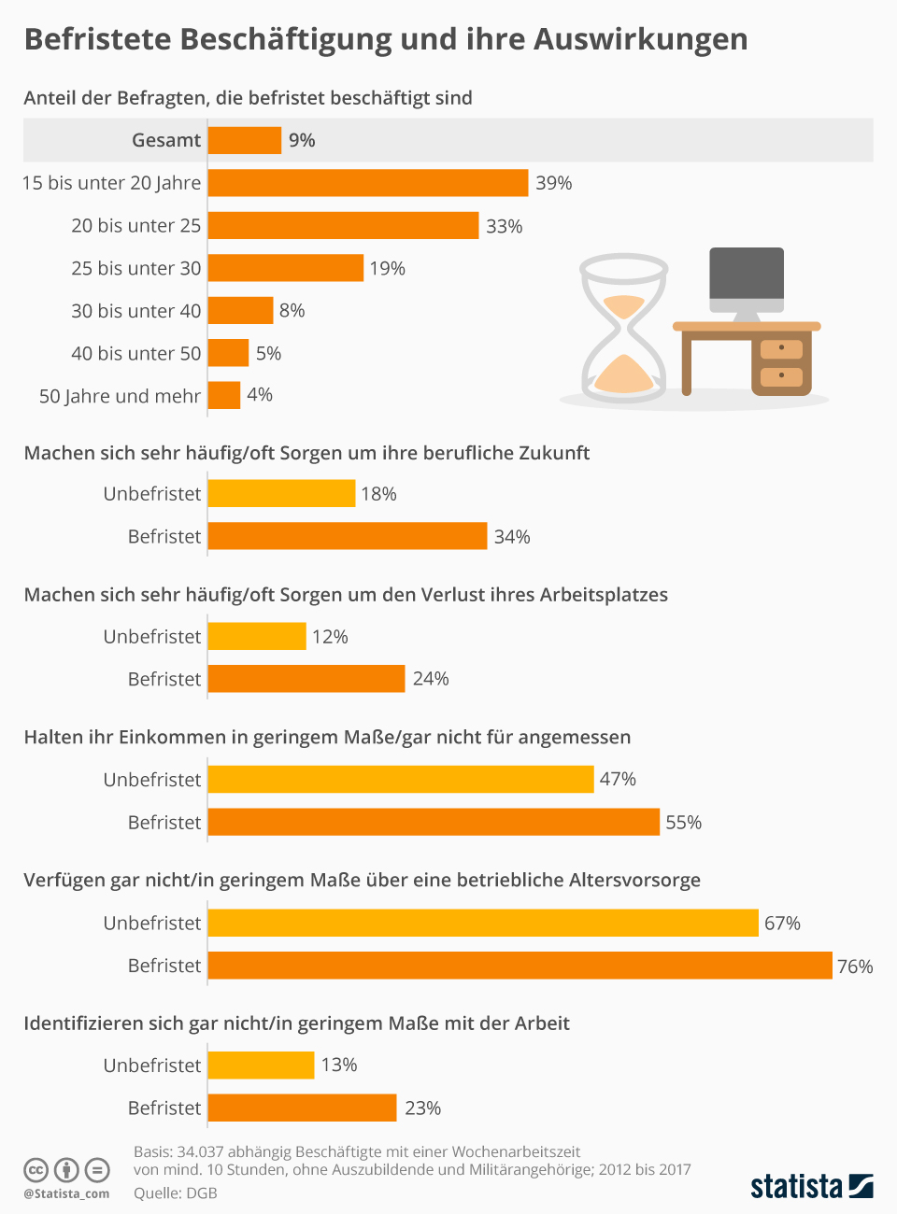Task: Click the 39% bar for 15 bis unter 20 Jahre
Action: pos(368,183)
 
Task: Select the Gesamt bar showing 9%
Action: pos(245,140)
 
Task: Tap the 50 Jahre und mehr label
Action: pos(120,396)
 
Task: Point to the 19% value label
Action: pos(387,268)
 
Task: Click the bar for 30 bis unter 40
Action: pos(240,310)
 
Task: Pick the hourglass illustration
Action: pos(624,327)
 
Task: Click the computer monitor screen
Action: pos(747,273)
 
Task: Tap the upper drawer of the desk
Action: pos(781,348)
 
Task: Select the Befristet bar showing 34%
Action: pos(348,536)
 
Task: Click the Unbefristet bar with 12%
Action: pos(257,636)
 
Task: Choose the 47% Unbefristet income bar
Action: pos(401,779)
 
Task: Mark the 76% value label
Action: pos(855,967)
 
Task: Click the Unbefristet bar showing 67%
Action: pos(483,923)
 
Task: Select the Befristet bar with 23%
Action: pos(303,1108)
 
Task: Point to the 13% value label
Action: pos(339,1065)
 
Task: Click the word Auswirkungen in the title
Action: pos(641,39)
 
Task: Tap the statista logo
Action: pos(812,1187)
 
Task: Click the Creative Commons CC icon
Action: pos(36,1170)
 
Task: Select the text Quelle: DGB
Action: pos(176,1193)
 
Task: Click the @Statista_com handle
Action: pos(66,1193)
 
